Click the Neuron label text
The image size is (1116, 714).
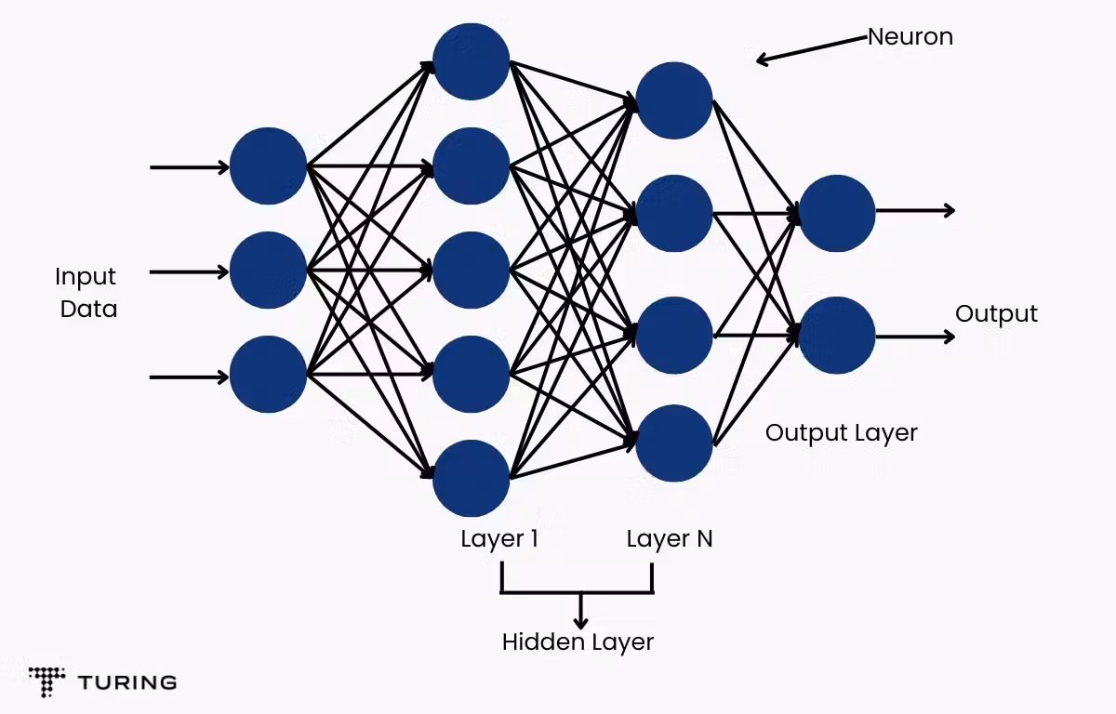point(910,37)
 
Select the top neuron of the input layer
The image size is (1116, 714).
point(268,166)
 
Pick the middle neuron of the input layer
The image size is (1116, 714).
point(268,271)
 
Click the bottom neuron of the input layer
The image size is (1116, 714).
point(268,375)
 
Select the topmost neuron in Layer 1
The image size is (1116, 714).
point(472,61)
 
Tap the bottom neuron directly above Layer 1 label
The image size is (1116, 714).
point(472,479)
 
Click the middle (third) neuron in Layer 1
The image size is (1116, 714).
point(472,271)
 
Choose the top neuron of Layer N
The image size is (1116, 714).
point(674,100)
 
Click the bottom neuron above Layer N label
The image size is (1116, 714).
point(674,443)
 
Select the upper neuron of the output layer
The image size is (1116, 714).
point(837,213)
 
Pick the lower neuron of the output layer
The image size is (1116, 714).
point(837,336)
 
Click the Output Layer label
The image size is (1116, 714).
point(841,432)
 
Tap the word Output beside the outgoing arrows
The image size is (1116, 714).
point(996,314)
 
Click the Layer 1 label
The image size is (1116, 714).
point(498,539)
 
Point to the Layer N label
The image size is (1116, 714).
point(669,539)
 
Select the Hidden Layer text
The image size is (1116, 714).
point(578,641)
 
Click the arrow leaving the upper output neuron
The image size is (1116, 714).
point(915,211)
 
